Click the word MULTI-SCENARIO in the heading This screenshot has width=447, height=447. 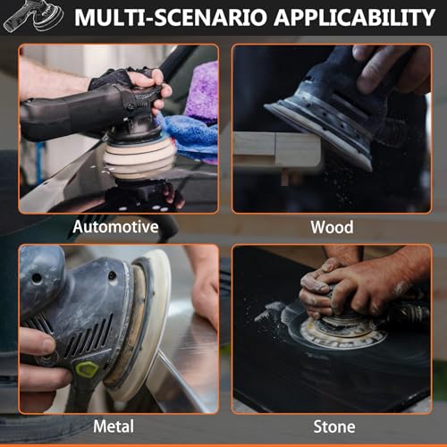(171, 17)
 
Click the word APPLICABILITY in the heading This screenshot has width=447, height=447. (354, 17)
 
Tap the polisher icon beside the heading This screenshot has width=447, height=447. (34, 15)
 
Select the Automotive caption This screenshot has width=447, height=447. (115, 227)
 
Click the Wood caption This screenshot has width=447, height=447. (332, 227)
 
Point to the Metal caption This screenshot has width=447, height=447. (114, 426)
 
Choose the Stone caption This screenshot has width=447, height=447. (334, 426)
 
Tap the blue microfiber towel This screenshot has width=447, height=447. (190, 137)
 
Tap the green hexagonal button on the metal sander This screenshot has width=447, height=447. (87, 369)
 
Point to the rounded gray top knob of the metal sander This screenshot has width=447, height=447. (42, 279)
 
